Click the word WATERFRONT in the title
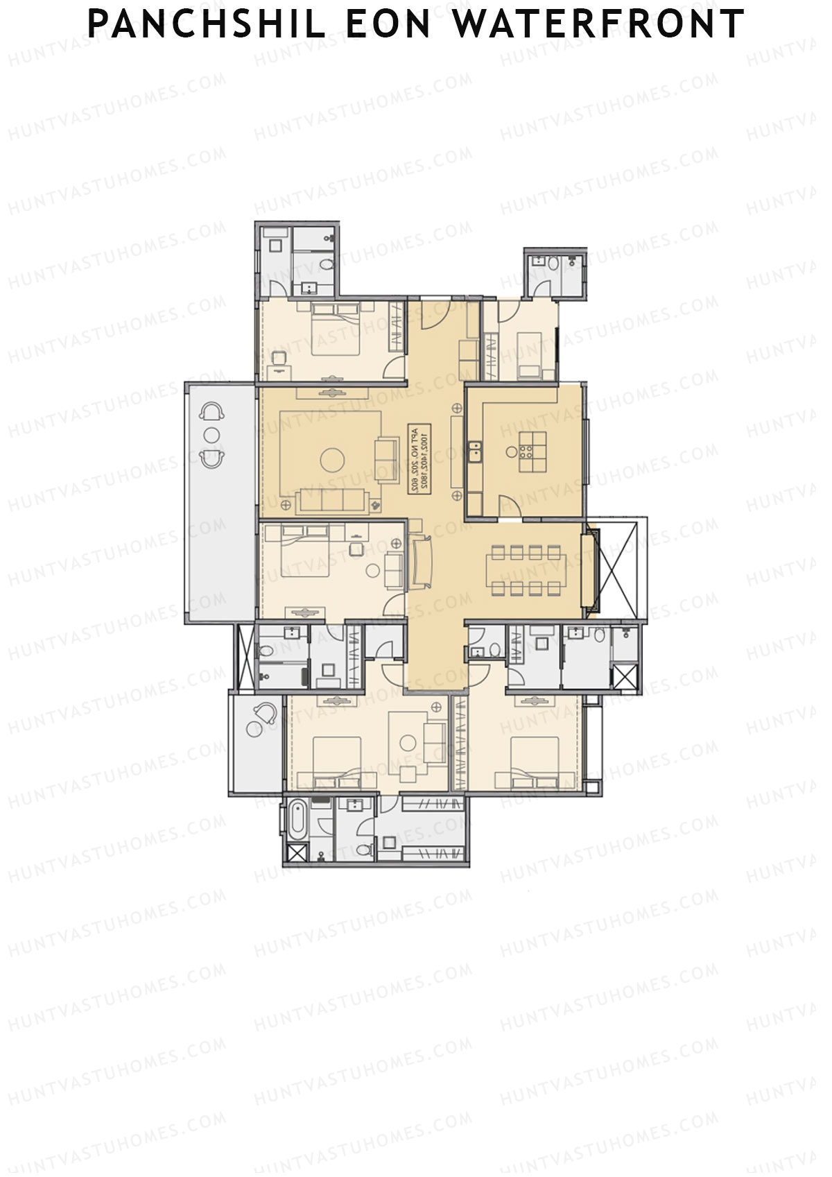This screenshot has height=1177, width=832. coord(598,24)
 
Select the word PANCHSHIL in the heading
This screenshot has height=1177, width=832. coord(206,24)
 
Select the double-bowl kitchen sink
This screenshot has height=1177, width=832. coord(475,452)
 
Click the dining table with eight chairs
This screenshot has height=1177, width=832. coord(526,571)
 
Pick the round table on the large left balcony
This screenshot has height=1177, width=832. coord(212,435)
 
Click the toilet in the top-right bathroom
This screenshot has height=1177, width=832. coord(553,264)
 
